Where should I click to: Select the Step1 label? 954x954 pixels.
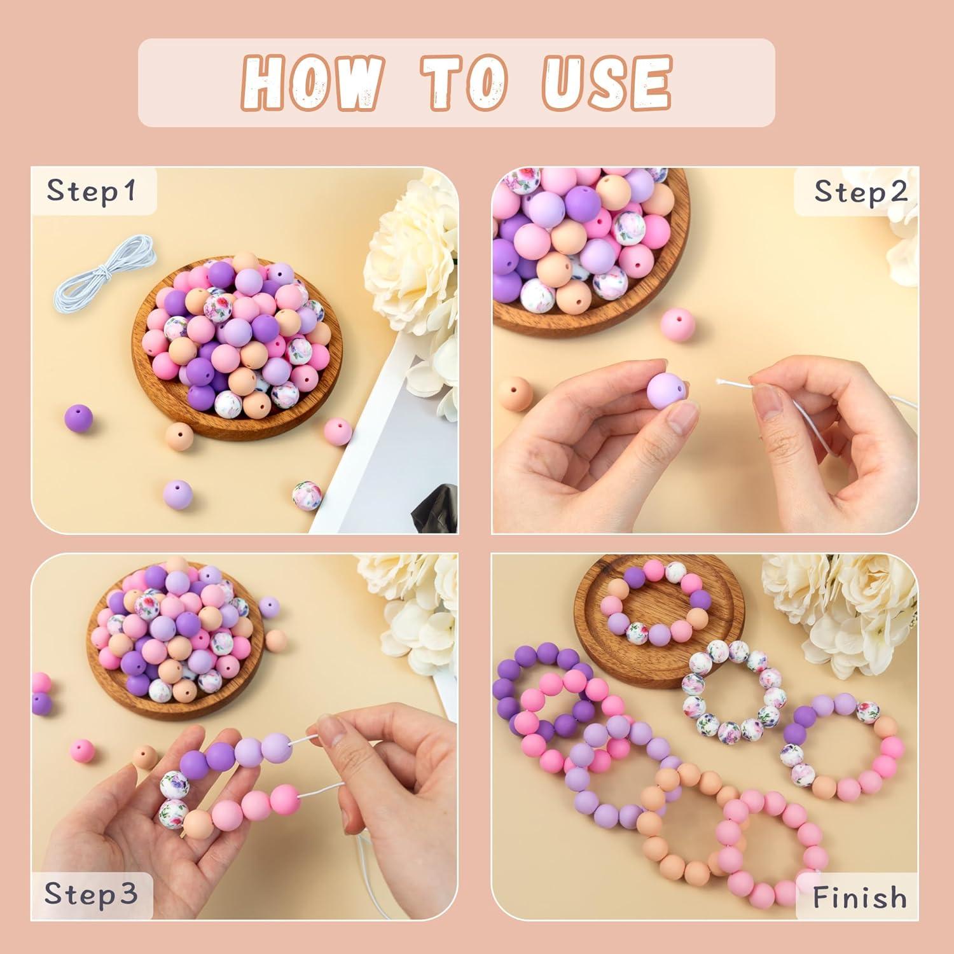coord(92,191)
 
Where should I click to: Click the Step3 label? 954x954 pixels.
coord(91,894)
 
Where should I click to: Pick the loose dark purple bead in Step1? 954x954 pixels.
coord(78,418)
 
